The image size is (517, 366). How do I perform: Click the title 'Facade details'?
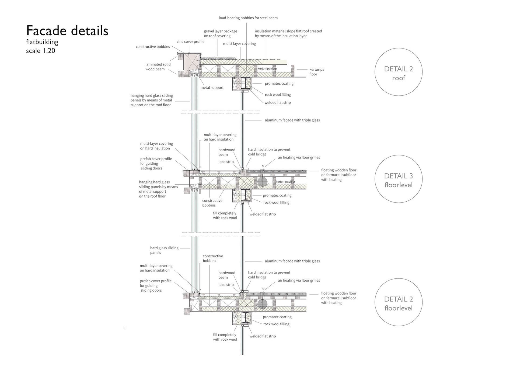[67, 31]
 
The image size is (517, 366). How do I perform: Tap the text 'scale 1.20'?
[41, 51]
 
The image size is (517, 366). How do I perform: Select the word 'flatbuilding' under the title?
[42, 42]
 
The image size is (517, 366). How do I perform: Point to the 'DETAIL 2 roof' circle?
[398, 72]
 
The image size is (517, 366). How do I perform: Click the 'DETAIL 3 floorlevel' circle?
[398, 179]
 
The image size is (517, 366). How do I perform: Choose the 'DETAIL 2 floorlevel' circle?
[398, 302]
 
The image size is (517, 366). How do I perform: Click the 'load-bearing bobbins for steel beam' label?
[248, 18]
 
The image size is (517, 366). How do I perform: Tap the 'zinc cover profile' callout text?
[190, 42]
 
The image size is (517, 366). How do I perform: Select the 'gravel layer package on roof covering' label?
[220, 33]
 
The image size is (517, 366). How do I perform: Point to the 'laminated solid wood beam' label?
[158, 67]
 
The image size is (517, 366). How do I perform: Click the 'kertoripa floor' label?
[317, 72]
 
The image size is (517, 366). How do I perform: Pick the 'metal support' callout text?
[212, 88]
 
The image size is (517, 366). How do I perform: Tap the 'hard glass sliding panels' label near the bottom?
[164, 250]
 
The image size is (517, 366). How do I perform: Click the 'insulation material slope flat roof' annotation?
[288, 33]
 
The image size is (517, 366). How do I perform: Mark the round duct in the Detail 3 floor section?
[262, 182]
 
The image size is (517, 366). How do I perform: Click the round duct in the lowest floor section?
[262, 304]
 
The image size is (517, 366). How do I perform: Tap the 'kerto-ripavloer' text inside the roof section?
[267, 69]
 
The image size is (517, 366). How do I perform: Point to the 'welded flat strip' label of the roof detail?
[277, 103]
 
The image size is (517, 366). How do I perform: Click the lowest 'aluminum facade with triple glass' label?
[292, 261]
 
